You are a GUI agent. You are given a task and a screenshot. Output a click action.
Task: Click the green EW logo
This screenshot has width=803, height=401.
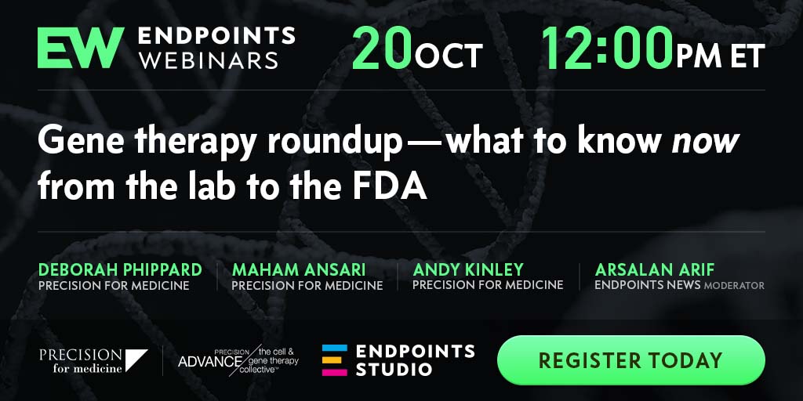(x=81, y=48)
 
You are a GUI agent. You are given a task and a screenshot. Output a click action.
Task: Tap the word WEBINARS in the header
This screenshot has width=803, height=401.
(x=209, y=60)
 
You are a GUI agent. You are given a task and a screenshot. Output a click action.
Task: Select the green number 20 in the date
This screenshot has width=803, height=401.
(x=382, y=49)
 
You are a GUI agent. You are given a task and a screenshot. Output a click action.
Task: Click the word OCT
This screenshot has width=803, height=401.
(x=449, y=56)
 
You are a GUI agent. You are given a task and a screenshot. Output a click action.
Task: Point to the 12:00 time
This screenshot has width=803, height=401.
(x=607, y=49)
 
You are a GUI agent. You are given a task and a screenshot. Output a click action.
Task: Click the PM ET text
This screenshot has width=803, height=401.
(x=720, y=56)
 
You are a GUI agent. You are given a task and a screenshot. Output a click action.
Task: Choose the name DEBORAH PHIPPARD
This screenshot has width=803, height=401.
(x=120, y=269)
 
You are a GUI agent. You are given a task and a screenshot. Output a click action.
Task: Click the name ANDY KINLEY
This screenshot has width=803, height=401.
(x=468, y=269)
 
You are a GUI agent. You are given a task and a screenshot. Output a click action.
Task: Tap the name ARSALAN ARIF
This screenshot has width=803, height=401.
(x=655, y=269)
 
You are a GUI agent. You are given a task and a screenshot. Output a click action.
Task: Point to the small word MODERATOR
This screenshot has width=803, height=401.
(x=734, y=286)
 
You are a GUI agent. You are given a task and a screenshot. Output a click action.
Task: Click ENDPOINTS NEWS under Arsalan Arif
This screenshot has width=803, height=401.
(x=647, y=285)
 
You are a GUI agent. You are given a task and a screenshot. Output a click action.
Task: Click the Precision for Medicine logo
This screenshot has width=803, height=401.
(x=93, y=360)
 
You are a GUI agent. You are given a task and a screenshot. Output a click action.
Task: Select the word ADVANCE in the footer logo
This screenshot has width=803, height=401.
(x=210, y=362)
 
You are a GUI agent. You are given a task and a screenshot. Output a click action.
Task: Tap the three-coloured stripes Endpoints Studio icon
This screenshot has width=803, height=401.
(x=334, y=360)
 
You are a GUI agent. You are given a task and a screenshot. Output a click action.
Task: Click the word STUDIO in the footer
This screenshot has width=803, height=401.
(x=394, y=370)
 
